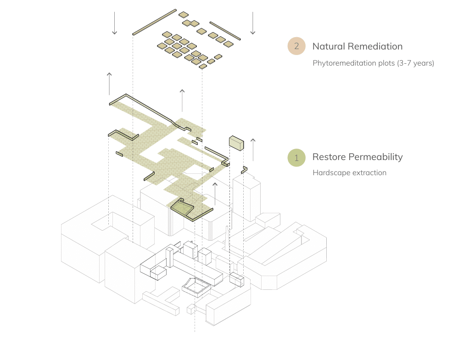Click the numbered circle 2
point(296,46)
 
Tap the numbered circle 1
point(296,157)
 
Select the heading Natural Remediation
point(357,46)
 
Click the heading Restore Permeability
point(357,157)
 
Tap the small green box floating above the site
point(236,142)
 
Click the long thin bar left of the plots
point(154,22)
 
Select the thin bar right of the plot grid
point(225,30)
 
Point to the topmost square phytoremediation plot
point(184,14)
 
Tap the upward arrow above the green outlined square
point(214,193)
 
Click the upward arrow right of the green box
point(252,148)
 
